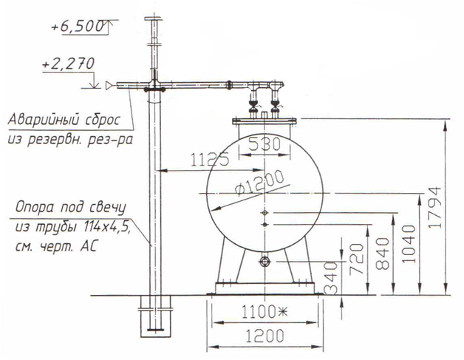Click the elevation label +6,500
click(x=78, y=27)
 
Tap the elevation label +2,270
click(x=69, y=64)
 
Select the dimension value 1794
click(x=435, y=208)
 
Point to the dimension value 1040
click(x=409, y=244)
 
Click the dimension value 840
click(x=383, y=254)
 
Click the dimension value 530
click(x=265, y=145)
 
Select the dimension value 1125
click(x=210, y=159)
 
